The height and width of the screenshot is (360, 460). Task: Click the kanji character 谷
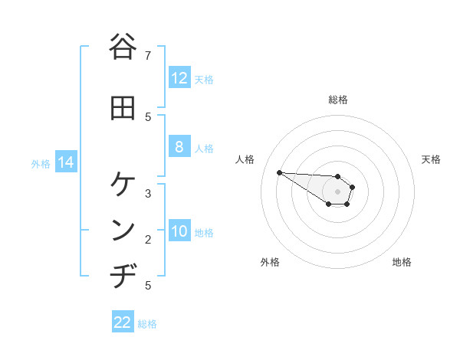tap(122, 47)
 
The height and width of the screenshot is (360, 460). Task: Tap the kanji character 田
tap(122, 108)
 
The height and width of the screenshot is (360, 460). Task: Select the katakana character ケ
tap(122, 185)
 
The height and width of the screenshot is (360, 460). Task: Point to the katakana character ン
tap(122, 231)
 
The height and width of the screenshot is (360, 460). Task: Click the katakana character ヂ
tap(122, 275)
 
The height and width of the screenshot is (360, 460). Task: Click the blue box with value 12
tap(179, 78)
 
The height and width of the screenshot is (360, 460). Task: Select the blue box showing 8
tap(179, 147)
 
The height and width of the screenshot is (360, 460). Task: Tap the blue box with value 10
tap(179, 232)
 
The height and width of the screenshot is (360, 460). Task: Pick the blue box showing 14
tap(65, 162)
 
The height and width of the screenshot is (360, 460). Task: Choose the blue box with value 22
tap(123, 322)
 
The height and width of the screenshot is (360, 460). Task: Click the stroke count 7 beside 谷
tap(148, 55)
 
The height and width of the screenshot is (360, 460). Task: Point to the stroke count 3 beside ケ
tap(148, 193)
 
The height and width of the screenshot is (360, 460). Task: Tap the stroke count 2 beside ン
tap(148, 240)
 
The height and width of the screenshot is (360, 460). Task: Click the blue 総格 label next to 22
tap(147, 324)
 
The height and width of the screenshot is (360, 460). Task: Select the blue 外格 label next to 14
tap(41, 163)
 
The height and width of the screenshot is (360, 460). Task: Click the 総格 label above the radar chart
tap(337, 100)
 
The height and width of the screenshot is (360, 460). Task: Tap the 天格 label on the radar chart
tap(431, 159)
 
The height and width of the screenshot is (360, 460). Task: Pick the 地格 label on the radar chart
tap(402, 262)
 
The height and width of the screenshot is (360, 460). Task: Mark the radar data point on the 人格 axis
tap(279, 172)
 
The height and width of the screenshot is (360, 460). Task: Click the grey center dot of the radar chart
tap(337, 191)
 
